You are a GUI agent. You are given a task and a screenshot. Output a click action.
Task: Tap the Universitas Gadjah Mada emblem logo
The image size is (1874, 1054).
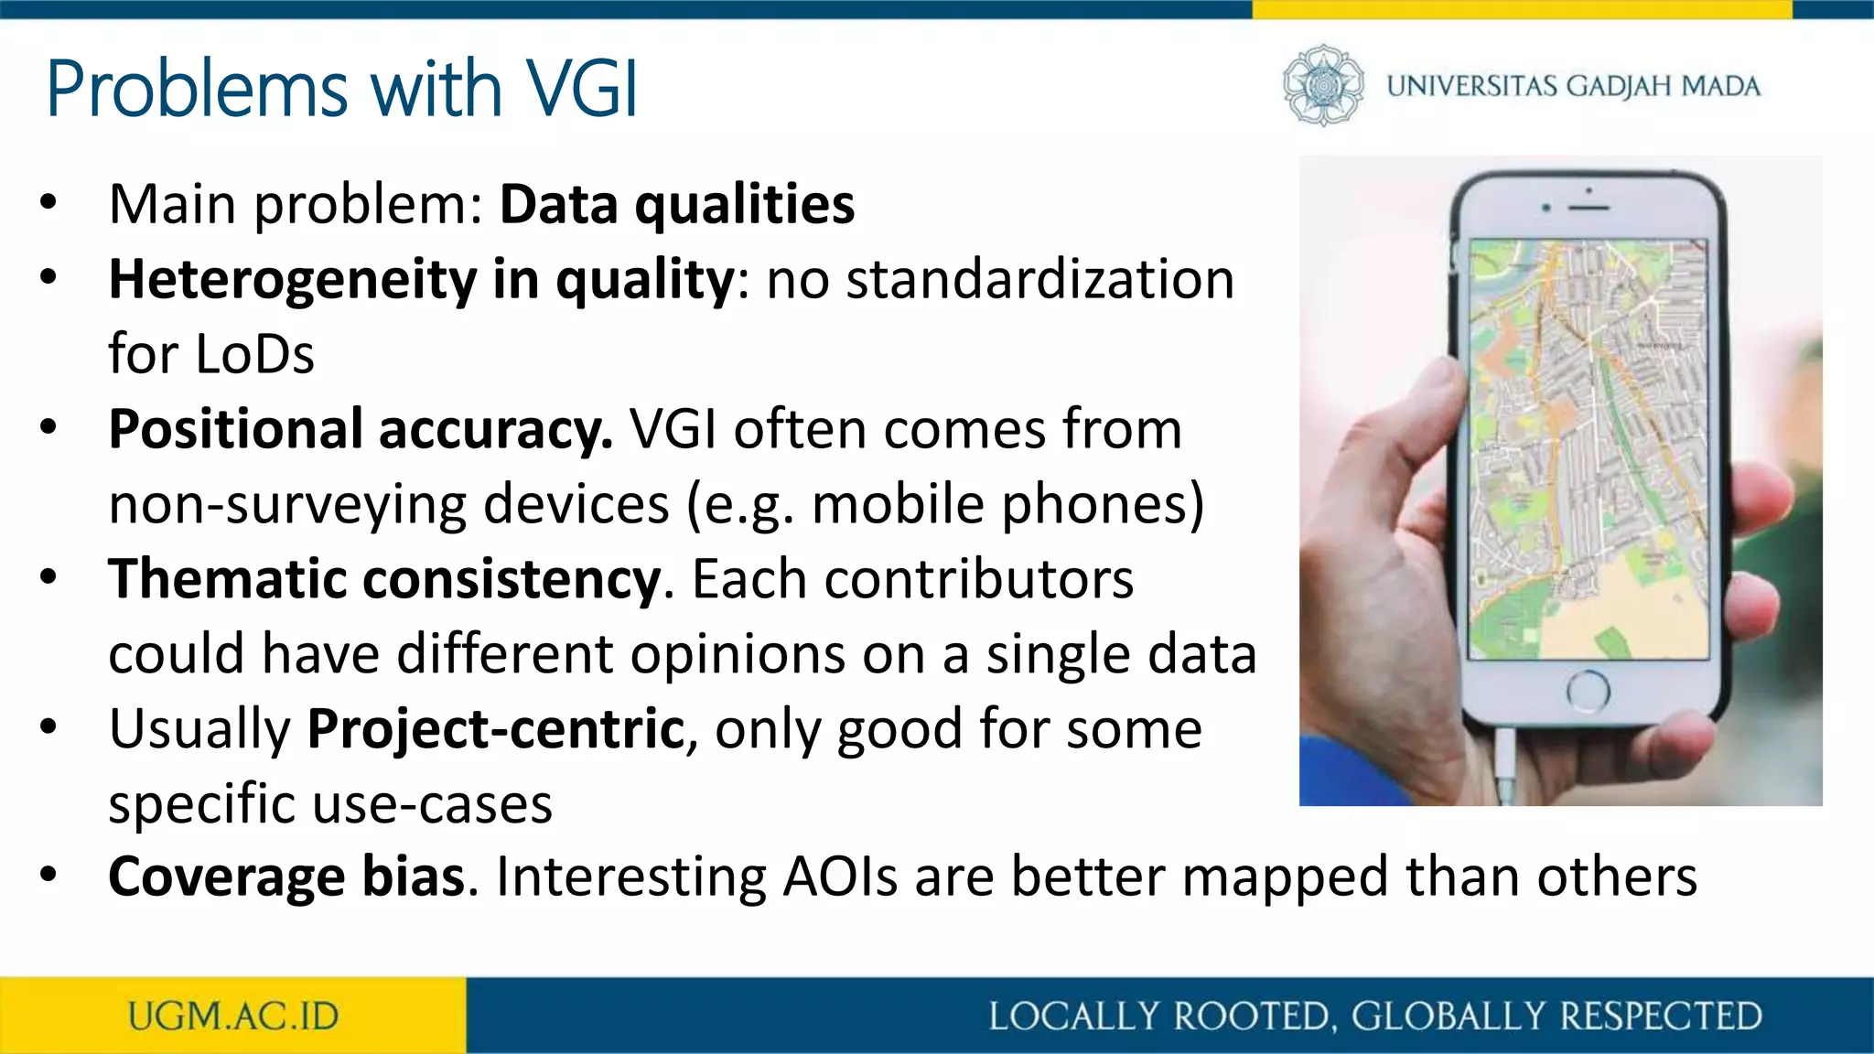click(1323, 85)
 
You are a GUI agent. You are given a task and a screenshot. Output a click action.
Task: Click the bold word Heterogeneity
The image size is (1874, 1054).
click(292, 279)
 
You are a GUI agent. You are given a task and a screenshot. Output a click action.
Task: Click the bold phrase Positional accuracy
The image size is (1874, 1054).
click(361, 429)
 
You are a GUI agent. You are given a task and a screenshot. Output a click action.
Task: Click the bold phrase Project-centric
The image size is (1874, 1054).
click(496, 729)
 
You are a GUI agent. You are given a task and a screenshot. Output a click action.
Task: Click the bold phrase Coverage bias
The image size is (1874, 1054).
click(287, 877)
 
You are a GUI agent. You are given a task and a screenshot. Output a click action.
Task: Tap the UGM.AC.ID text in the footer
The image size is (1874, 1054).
click(233, 1016)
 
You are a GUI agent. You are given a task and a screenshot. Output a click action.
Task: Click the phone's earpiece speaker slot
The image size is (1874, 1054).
click(1589, 208)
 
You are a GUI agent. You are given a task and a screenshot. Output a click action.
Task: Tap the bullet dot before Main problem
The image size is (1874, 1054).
click(48, 203)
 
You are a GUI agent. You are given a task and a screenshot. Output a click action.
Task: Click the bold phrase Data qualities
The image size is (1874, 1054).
click(676, 204)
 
